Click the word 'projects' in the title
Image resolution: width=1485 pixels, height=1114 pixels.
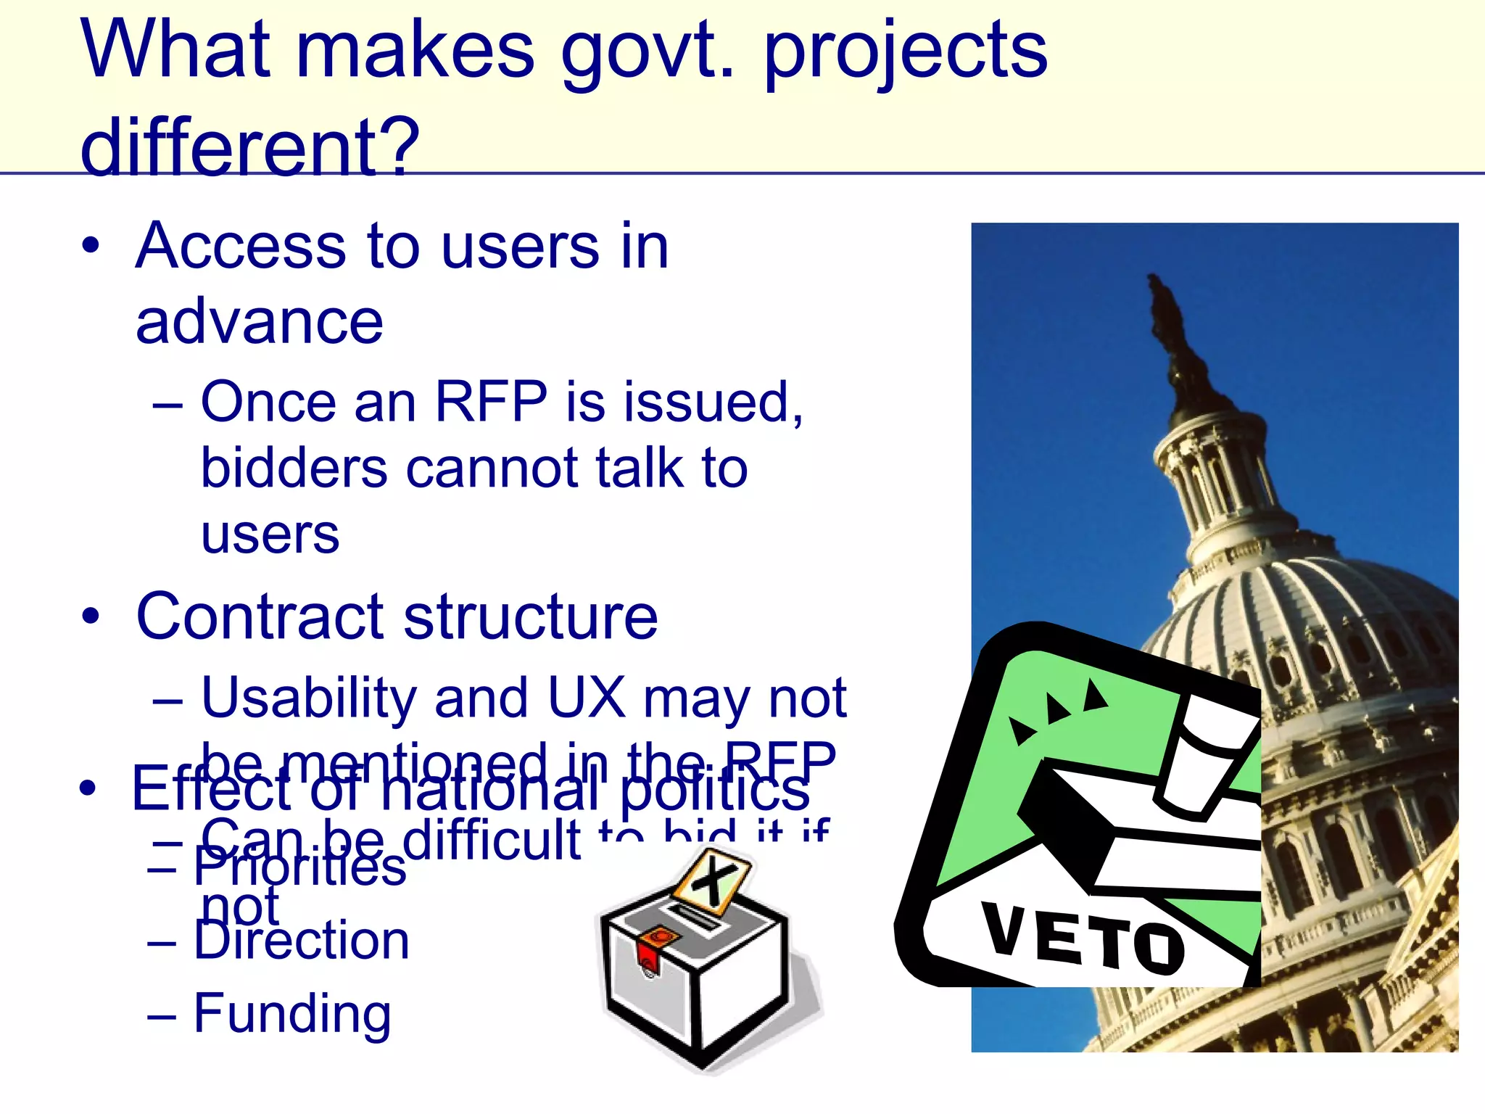point(906,51)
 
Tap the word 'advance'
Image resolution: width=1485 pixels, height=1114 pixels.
point(259,322)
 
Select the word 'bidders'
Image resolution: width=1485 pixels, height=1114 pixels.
point(294,469)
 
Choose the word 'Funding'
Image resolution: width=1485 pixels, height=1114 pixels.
point(292,1013)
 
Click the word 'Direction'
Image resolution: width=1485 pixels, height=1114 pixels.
point(301,941)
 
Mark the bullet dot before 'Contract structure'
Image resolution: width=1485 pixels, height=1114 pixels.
point(90,617)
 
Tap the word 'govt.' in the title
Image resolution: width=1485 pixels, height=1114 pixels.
point(648,51)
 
